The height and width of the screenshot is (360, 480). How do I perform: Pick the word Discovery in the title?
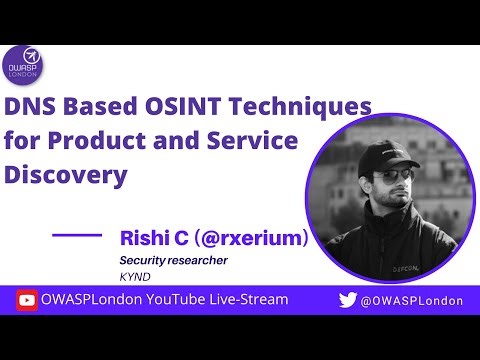click(x=67, y=176)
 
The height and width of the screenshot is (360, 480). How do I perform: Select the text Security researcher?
click(x=173, y=260)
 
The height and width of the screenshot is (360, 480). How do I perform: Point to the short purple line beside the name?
click(x=76, y=235)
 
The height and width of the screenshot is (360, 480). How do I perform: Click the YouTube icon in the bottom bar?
click(x=27, y=300)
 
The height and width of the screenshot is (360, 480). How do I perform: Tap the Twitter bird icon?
click(x=347, y=300)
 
